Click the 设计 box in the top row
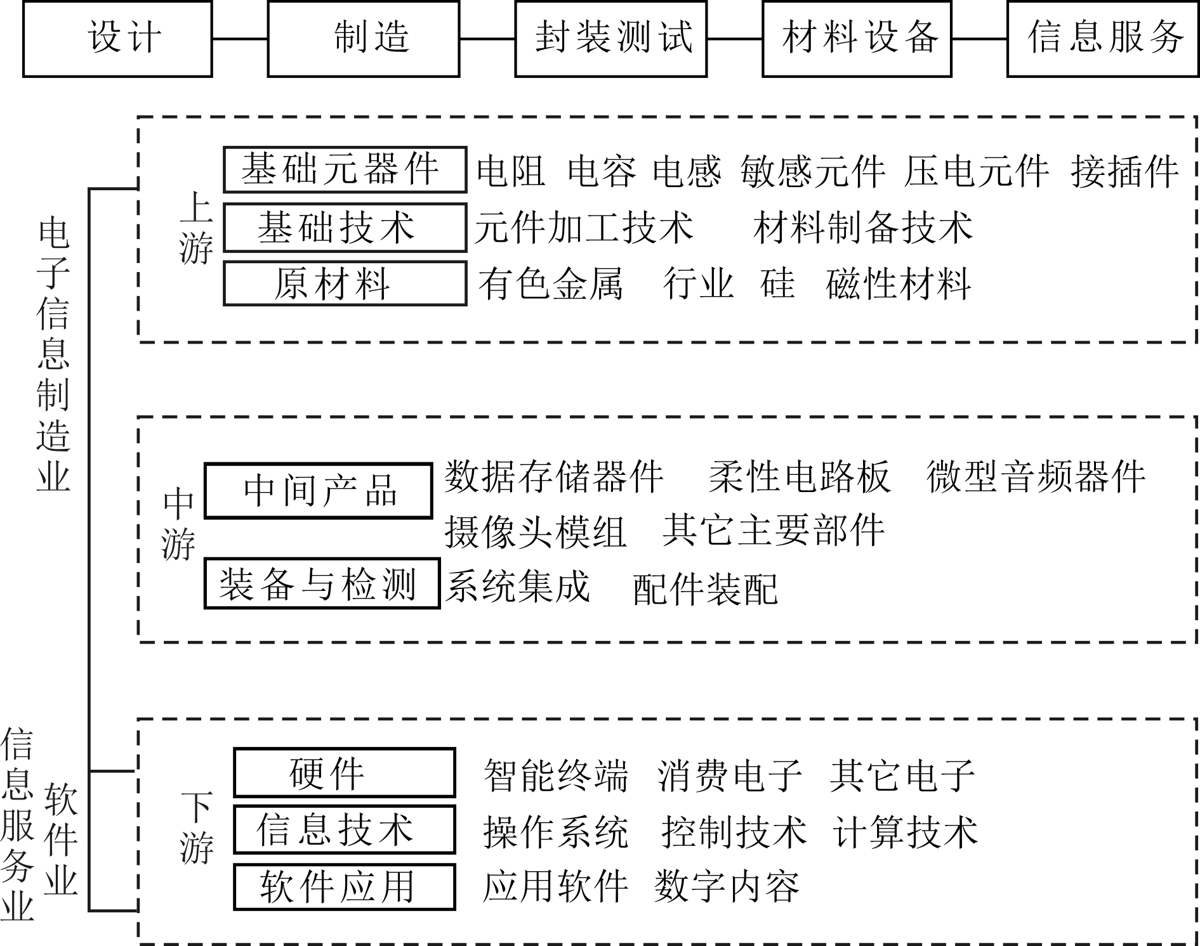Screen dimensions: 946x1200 tap(117, 39)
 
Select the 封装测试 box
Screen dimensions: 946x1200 tap(610, 39)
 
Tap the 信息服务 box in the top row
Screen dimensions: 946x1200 tap(1103, 39)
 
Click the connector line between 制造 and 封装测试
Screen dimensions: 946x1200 tap(487, 39)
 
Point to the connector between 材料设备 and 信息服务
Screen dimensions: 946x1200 tap(979, 39)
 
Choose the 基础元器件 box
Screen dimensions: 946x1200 tap(345, 170)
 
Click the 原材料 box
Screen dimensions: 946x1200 tap(345, 283)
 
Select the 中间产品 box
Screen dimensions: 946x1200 tap(318, 491)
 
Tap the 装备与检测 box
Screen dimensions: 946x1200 tap(322, 583)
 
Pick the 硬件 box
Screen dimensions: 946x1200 tap(345, 772)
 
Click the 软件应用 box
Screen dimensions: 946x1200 tap(345, 886)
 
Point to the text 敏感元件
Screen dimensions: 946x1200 tap(812, 171)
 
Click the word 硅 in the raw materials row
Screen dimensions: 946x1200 tap(777, 283)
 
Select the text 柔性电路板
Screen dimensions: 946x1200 tap(800, 477)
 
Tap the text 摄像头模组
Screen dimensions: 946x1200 tap(536, 531)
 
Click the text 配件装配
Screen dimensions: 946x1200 tap(705, 590)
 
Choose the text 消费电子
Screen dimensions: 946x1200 tap(730, 775)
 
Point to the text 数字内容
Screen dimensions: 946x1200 tap(727, 886)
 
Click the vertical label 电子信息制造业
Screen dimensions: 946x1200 tap(53, 355)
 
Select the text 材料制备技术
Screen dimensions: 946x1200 tap(863, 228)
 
